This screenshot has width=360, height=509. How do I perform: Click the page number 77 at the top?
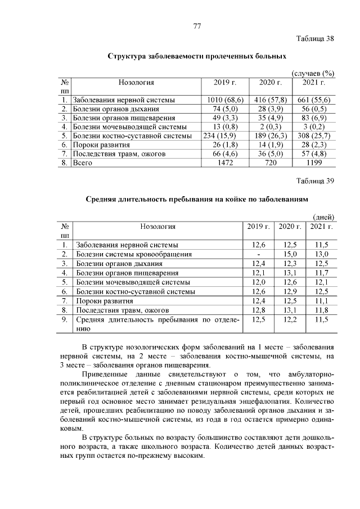pos(197,26)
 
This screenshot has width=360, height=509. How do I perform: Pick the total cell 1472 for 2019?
pos(225,163)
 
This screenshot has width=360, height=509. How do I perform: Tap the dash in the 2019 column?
pos(259,254)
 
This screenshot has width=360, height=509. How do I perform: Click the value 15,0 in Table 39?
pos(290,254)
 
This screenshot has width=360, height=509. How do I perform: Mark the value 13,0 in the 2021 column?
pos(321,254)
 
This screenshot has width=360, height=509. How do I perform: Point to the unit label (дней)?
pos(323,217)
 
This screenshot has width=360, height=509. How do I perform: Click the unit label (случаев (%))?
pos(313,74)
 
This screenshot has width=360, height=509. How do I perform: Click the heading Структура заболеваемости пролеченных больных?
pos(197,57)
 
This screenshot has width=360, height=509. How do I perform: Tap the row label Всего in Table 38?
pos(83,163)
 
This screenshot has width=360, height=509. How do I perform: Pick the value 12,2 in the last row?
pos(290,319)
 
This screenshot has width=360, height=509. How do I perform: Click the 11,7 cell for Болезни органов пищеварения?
pos(321,273)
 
